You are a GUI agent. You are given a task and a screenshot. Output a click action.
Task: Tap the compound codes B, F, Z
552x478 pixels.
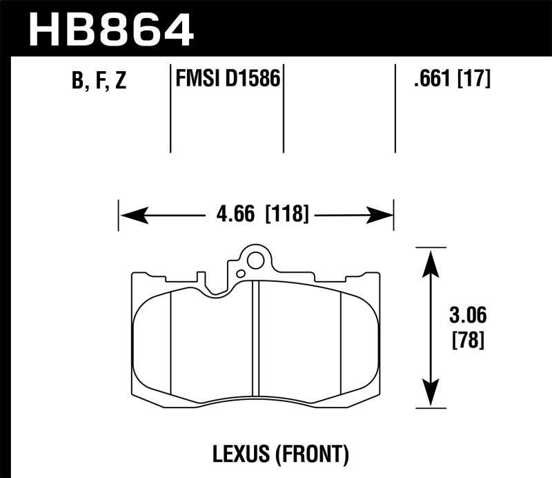98,81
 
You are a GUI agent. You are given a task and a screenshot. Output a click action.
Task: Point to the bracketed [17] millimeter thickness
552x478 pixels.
475,80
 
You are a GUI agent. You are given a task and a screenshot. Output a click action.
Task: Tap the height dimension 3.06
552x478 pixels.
466,317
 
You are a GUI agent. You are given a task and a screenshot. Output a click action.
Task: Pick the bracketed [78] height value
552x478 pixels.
466,340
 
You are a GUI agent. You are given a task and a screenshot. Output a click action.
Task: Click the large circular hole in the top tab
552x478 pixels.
255,261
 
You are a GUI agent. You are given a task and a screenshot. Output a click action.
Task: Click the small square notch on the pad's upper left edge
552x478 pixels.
201,278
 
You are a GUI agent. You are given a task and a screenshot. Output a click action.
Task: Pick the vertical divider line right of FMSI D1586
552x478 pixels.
284,107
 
